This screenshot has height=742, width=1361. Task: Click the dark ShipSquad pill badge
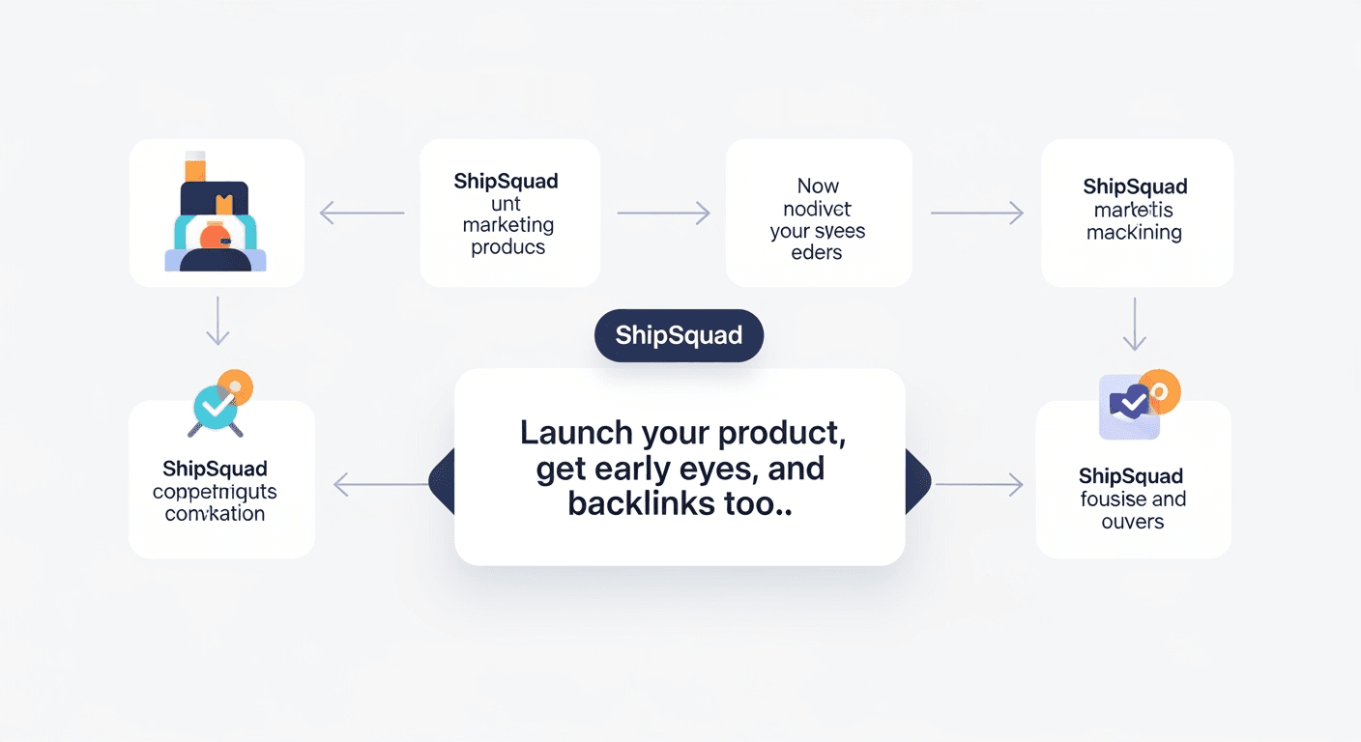click(x=679, y=335)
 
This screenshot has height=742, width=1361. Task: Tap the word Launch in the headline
click(x=576, y=432)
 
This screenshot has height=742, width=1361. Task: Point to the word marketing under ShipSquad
click(x=508, y=225)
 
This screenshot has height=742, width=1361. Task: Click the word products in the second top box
click(x=508, y=247)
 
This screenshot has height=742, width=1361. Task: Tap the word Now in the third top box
click(x=818, y=185)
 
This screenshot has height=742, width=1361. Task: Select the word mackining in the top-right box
click(x=1134, y=232)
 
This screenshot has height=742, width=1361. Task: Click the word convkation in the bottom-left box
click(x=215, y=514)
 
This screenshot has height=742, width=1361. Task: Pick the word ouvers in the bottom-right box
click(x=1133, y=522)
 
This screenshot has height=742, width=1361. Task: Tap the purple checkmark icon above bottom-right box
click(x=1128, y=404)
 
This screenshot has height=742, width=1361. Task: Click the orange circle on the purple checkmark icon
click(x=1160, y=390)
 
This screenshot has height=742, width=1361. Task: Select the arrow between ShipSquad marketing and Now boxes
click(x=663, y=213)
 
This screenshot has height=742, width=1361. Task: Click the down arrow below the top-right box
click(x=1134, y=324)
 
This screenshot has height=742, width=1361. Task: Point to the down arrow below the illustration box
click(x=217, y=321)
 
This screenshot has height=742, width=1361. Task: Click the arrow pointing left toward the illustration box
click(x=362, y=213)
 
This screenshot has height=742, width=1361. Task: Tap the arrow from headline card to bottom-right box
click(x=978, y=484)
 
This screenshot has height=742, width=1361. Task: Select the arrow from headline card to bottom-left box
click(x=381, y=484)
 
